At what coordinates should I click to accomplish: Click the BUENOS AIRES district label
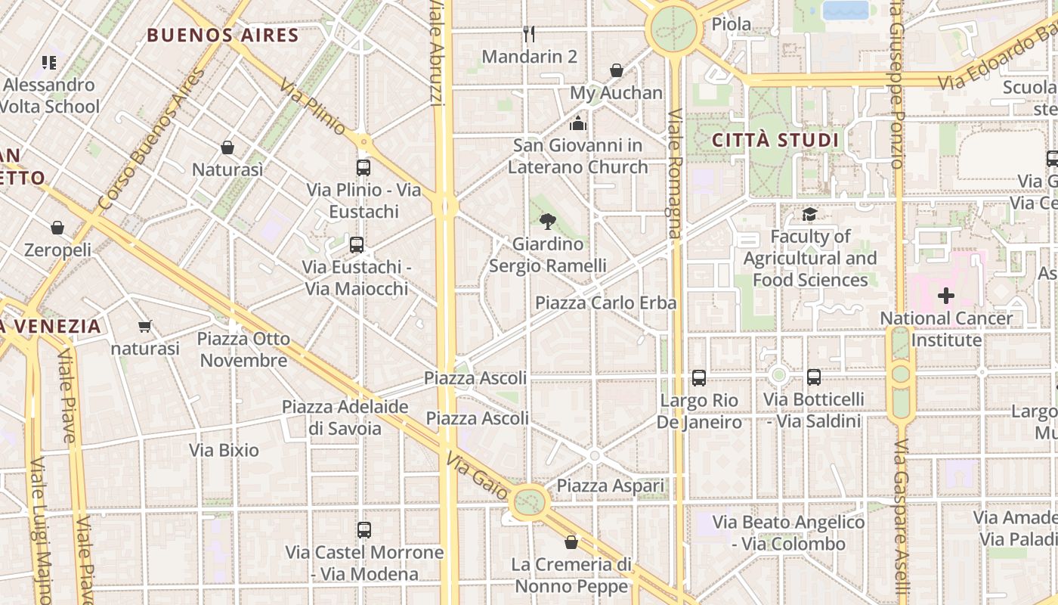(x=223, y=35)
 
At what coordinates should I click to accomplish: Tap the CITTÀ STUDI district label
(x=775, y=140)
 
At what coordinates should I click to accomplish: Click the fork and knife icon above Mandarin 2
(x=529, y=34)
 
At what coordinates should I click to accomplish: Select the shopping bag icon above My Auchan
(x=617, y=70)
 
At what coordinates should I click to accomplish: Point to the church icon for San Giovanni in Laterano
(x=578, y=123)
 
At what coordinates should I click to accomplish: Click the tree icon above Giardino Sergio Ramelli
(x=548, y=222)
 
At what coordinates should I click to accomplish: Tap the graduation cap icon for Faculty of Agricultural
(x=809, y=215)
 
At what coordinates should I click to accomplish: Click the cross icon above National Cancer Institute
(x=945, y=296)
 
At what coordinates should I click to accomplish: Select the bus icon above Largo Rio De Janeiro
(x=699, y=377)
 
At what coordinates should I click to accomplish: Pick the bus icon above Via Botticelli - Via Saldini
(x=814, y=377)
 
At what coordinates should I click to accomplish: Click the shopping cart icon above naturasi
(x=145, y=327)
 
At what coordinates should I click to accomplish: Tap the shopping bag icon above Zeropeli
(x=57, y=228)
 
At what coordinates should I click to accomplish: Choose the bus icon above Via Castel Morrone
(x=364, y=530)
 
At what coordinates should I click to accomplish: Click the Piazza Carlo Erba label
(x=605, y=302)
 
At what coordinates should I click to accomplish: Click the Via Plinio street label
(x=312, y=107)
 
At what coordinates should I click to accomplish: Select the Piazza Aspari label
(x=611, y=486)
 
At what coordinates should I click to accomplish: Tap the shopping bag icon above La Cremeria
(x=571, y=542)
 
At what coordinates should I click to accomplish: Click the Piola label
(x=732, y=24)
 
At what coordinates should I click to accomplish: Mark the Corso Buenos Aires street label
(x=151, y=140)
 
